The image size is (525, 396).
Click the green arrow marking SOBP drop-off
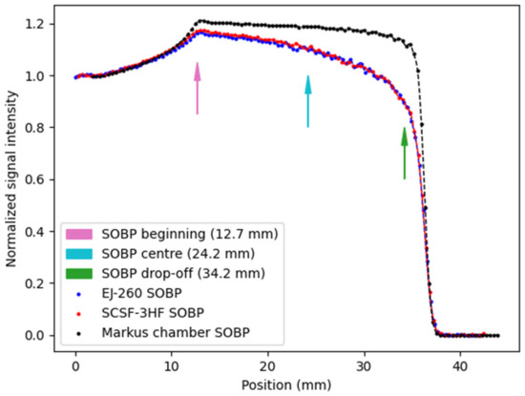coord(405,153)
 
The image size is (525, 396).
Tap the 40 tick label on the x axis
coord(460,363)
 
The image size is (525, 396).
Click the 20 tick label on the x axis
coord(268,363)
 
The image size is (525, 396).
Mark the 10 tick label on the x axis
coord(172,363)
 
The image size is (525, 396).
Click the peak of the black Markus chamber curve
coord(199,20)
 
